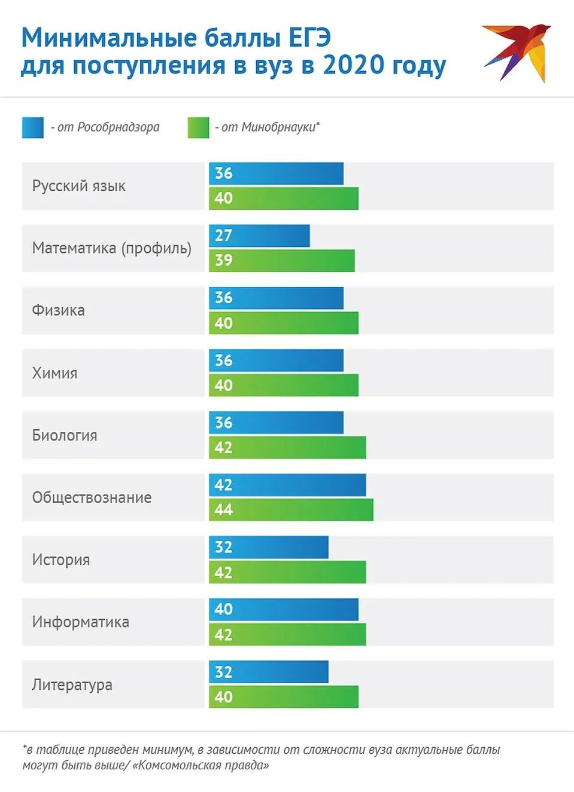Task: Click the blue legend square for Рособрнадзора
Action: click(32, 127)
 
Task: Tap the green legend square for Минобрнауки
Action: click(198, 127)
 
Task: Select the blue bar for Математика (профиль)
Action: click(259, 236)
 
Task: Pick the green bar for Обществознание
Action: click(291, 510)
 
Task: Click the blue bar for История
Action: click(269, 547)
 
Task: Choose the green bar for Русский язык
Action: click(284, 198)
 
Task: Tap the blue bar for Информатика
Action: click(284, 609)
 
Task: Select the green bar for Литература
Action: click(284, 696)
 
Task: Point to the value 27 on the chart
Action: click(223, 236)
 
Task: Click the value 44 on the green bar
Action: click(223, 510)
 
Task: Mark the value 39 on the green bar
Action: click(223, 260)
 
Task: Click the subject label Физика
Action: click(58, 310)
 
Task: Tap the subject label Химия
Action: click(54, 373)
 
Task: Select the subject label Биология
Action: click(65, 435)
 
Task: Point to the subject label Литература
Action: click(72, 684)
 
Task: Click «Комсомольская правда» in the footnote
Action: click(201, 765)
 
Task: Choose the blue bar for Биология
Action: click(276, 423)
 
